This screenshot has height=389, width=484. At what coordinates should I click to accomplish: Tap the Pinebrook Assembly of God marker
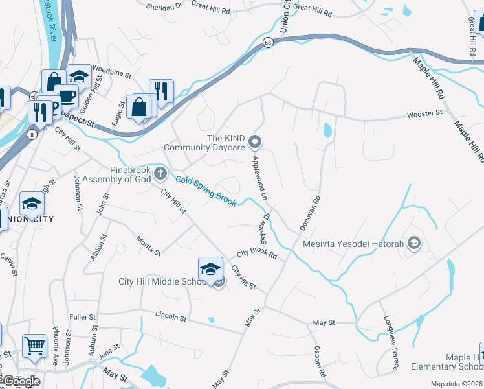click(x=160, y=174)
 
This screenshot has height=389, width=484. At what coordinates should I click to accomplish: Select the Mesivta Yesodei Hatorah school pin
click(x=414, y=244)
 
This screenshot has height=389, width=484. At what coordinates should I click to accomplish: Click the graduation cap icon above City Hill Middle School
click(x=210, y=269)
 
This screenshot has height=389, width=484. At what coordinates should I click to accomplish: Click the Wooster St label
click(x=424, y=113)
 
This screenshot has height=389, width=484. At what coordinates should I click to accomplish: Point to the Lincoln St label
click(x=171, y=318)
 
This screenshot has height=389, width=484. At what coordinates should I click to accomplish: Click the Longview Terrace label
click(x=391, y=344)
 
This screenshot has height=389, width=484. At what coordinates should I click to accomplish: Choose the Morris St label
click(x=148, y=245)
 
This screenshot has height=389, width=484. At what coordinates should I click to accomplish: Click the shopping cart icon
click(x=34, y=346)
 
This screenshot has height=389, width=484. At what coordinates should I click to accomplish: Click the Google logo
click(x=21, y=381)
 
